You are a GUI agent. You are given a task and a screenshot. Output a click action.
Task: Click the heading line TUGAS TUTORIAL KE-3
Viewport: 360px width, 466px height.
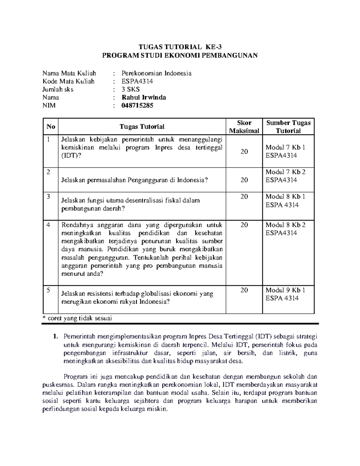(180, 47)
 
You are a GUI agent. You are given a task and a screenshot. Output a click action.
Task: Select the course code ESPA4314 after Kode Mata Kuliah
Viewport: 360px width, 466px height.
(137, 81)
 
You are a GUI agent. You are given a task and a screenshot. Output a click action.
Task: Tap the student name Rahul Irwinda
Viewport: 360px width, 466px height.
(144, 98)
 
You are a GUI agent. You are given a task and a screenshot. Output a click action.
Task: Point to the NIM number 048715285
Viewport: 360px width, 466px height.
(137, 106)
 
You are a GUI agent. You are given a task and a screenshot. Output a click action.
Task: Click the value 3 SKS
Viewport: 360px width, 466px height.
(130, 89)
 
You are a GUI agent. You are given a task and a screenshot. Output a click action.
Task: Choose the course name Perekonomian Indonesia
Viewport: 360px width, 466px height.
(156, 73)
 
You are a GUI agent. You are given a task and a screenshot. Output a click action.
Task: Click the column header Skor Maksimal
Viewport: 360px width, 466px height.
(244, 127)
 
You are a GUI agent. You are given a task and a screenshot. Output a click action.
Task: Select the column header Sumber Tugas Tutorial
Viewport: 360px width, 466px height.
(288, 127)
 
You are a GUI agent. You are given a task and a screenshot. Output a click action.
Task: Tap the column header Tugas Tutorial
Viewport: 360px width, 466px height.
(142, 127)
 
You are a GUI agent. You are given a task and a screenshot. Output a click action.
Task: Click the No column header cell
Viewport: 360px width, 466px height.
(51, 127)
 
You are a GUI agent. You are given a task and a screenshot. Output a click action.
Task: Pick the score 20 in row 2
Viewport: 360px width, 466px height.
(244, 180)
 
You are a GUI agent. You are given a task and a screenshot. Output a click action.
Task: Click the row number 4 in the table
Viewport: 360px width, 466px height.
(49, 225)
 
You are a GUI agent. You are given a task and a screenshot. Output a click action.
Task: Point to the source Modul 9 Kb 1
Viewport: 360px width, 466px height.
(285, 290)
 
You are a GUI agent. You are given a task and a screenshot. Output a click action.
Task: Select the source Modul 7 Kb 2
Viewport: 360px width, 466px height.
(285, 172)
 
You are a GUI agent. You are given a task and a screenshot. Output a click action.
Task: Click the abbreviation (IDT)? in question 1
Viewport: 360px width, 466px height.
(71, 155)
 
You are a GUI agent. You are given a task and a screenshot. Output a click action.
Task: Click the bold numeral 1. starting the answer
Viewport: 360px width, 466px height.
(55, 337)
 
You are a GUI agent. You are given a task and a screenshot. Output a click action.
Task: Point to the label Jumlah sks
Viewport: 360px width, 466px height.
(58, 89)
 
